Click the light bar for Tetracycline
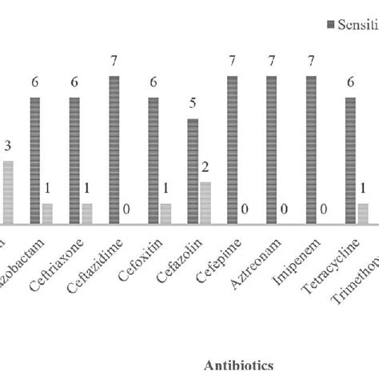[x=363, y=213]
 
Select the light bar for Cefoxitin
[x=166, y=213]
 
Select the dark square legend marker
[x=330, y=26]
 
